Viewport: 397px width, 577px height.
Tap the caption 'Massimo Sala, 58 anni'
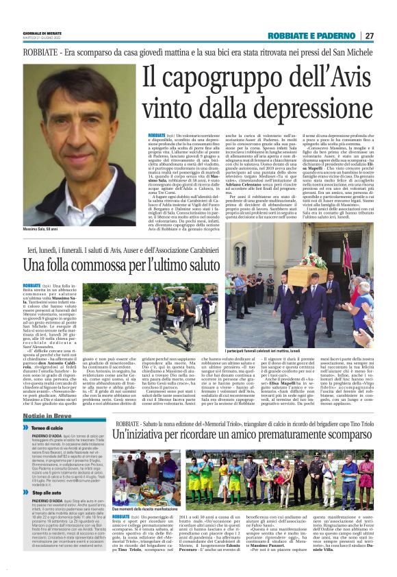44,228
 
